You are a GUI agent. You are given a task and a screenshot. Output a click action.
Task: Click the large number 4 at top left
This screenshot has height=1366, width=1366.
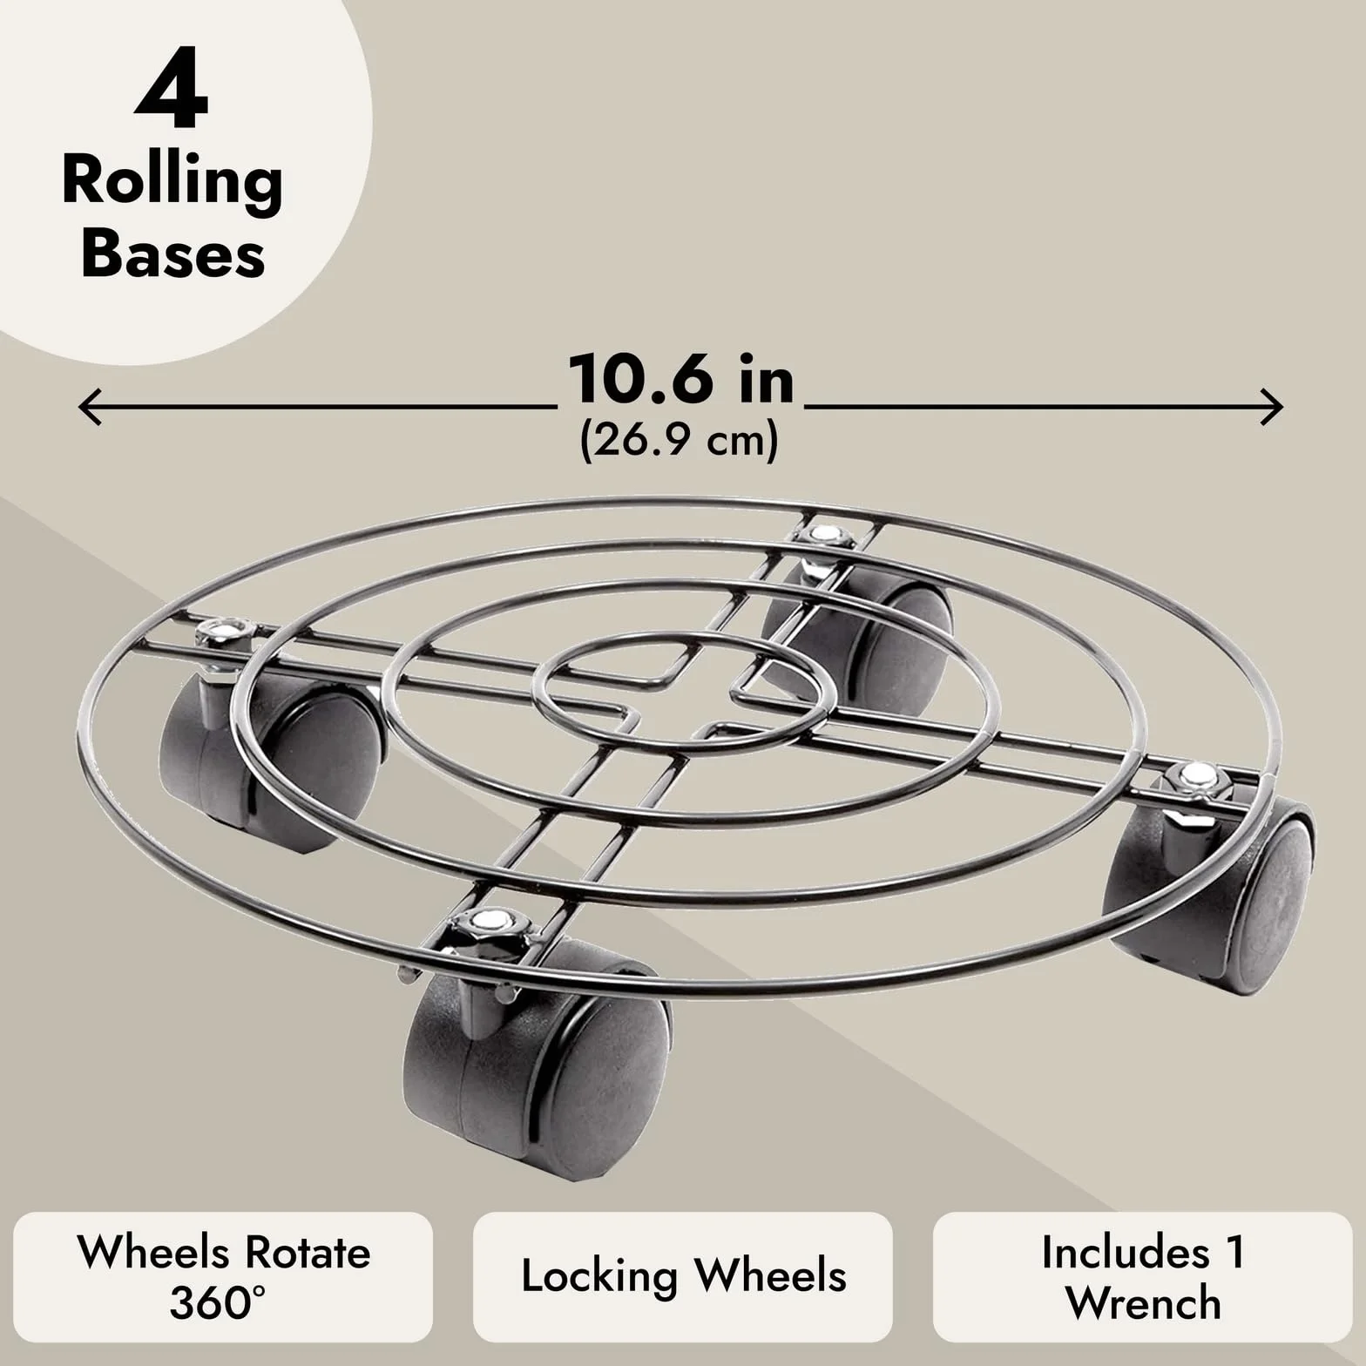click(172, 96)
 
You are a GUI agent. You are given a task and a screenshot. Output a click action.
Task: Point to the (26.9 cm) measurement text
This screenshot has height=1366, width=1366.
click(679, 441)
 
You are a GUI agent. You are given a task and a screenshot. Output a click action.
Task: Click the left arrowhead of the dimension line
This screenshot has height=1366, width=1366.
click(90, 407)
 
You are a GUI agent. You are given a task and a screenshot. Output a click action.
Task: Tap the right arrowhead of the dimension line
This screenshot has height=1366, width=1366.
click(1272, 407)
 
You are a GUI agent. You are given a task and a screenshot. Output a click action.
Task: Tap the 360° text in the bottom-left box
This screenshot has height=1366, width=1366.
click(218, 1303)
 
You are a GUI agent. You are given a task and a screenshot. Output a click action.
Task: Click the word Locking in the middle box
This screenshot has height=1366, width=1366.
click(598, 1277)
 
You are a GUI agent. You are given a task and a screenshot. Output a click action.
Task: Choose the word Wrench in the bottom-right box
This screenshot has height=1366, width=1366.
click(1143, 1303)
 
